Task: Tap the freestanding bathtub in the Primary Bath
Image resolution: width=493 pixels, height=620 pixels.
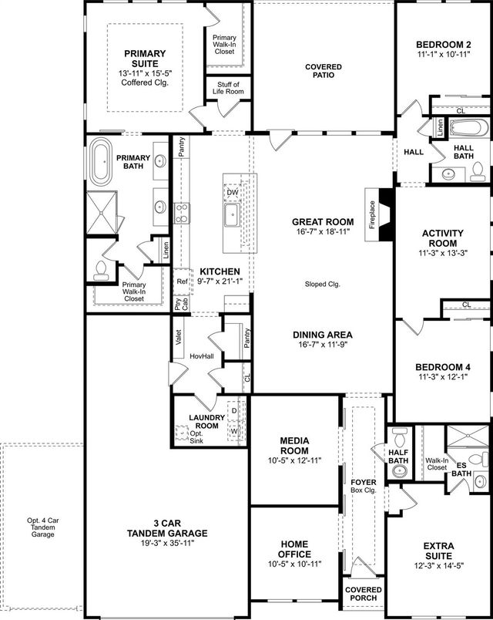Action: click(x=102, y=163)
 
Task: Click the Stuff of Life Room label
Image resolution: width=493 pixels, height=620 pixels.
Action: click(x=227, y=88)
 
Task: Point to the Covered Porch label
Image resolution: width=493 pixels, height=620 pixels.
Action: click(x=362, y=594)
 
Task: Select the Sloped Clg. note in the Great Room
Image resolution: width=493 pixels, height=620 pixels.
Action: click(x=322, y=284)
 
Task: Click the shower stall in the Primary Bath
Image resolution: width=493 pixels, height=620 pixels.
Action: click(x=102, y=210)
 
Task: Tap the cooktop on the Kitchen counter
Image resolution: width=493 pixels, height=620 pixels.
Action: click(x=182, y=213)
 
